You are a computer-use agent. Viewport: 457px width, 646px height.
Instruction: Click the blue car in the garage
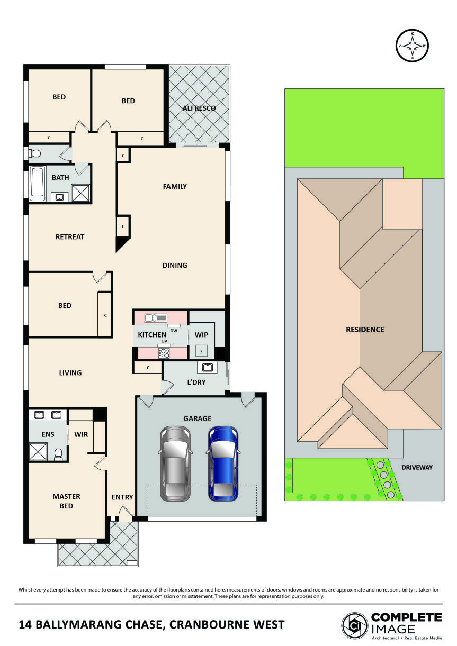[x=222, y=463]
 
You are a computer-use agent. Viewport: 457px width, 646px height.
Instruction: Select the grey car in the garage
[x=175, y=463]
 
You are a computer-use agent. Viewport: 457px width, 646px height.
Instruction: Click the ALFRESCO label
[x=199, y=108]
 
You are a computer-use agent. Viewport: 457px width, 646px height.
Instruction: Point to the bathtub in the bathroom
[x=37, y=184]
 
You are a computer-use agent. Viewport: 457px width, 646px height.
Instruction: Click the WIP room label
[x=201, y=335]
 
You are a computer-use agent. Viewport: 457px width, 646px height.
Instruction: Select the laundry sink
[x=205, y=367]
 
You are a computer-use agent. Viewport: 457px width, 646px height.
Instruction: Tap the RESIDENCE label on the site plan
[x=365, y=330]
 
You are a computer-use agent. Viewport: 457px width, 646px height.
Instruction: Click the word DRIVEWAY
[x=417, y=467]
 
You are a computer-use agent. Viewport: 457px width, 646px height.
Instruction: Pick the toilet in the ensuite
[x=59, y=453]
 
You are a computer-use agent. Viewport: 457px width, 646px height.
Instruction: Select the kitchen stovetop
[x=164, y=352]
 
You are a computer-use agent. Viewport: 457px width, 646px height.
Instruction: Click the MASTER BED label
[x=66, y=501]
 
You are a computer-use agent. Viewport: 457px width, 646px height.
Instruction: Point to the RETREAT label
[x=70, y=237]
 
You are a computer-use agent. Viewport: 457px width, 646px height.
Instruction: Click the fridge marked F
[x=201, y=351]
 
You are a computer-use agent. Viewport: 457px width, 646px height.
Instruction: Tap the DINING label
[x=175, y=266]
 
